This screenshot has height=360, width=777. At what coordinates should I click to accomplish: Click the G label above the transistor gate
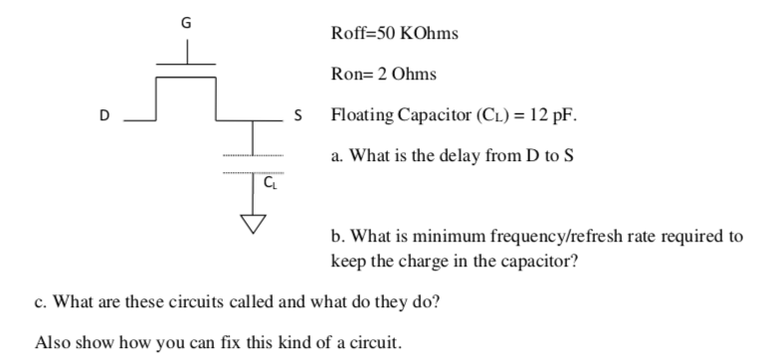coord(185,18)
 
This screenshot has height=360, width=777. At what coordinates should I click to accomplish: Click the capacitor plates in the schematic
coord(255,165)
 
